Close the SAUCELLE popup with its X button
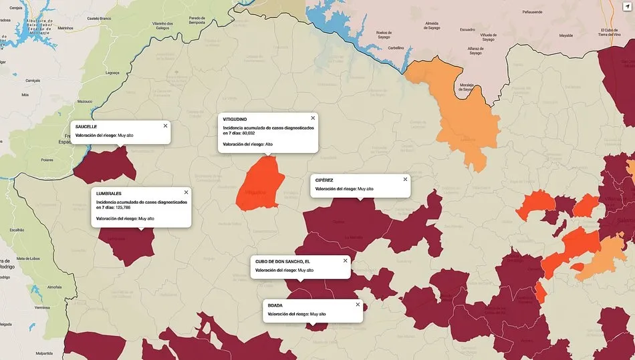[x=165, y=126]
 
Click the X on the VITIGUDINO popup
[x=312, y=118]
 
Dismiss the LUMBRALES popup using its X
[x=186, y=192]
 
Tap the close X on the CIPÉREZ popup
[x=404, y=179]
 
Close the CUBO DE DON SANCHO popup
[x=345, y=260]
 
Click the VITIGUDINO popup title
[x=239, y=119]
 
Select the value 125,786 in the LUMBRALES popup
[x=123, y=208]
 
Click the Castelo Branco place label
[x=99, y=19]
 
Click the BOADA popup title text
[x=275, y=305]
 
